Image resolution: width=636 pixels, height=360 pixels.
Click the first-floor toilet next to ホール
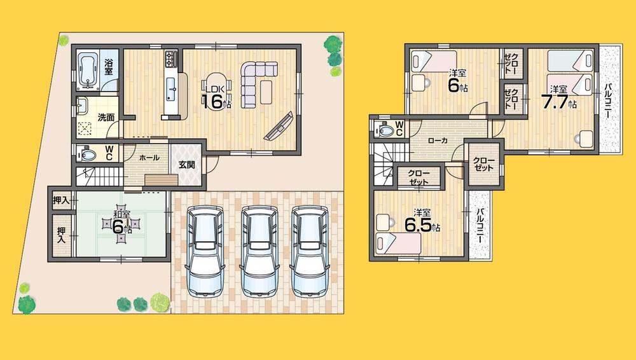[87, 154]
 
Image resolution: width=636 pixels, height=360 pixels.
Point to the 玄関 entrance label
[187, 165]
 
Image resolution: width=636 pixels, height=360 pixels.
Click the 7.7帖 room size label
[558, 100]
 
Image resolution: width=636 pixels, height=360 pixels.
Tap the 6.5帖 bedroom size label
[420, 224]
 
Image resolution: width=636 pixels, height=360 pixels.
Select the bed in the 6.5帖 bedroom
[397, 242]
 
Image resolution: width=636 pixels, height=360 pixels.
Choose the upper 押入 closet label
[61, 202]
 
